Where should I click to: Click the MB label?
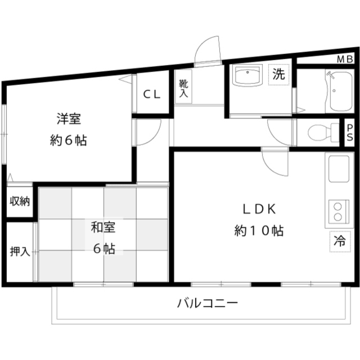pos(345,60)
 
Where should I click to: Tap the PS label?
pos(350,133)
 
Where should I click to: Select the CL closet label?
pos(151,94)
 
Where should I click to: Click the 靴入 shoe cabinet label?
pos(184,88)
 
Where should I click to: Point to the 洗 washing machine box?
pos(279,75)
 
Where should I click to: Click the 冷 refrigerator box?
pos(340,241)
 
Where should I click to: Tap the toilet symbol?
pos(323,133)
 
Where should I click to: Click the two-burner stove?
pos(339,211)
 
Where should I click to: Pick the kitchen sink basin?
pos(339,169)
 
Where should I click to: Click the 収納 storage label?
pos(20,201)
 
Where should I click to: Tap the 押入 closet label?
pos(20,251)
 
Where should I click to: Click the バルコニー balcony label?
pos(208,303)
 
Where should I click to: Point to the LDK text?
pos(259,209)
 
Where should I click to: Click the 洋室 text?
pos(69,119)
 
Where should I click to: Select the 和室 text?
pos(103,227)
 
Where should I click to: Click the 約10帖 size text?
pos(259,231)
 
